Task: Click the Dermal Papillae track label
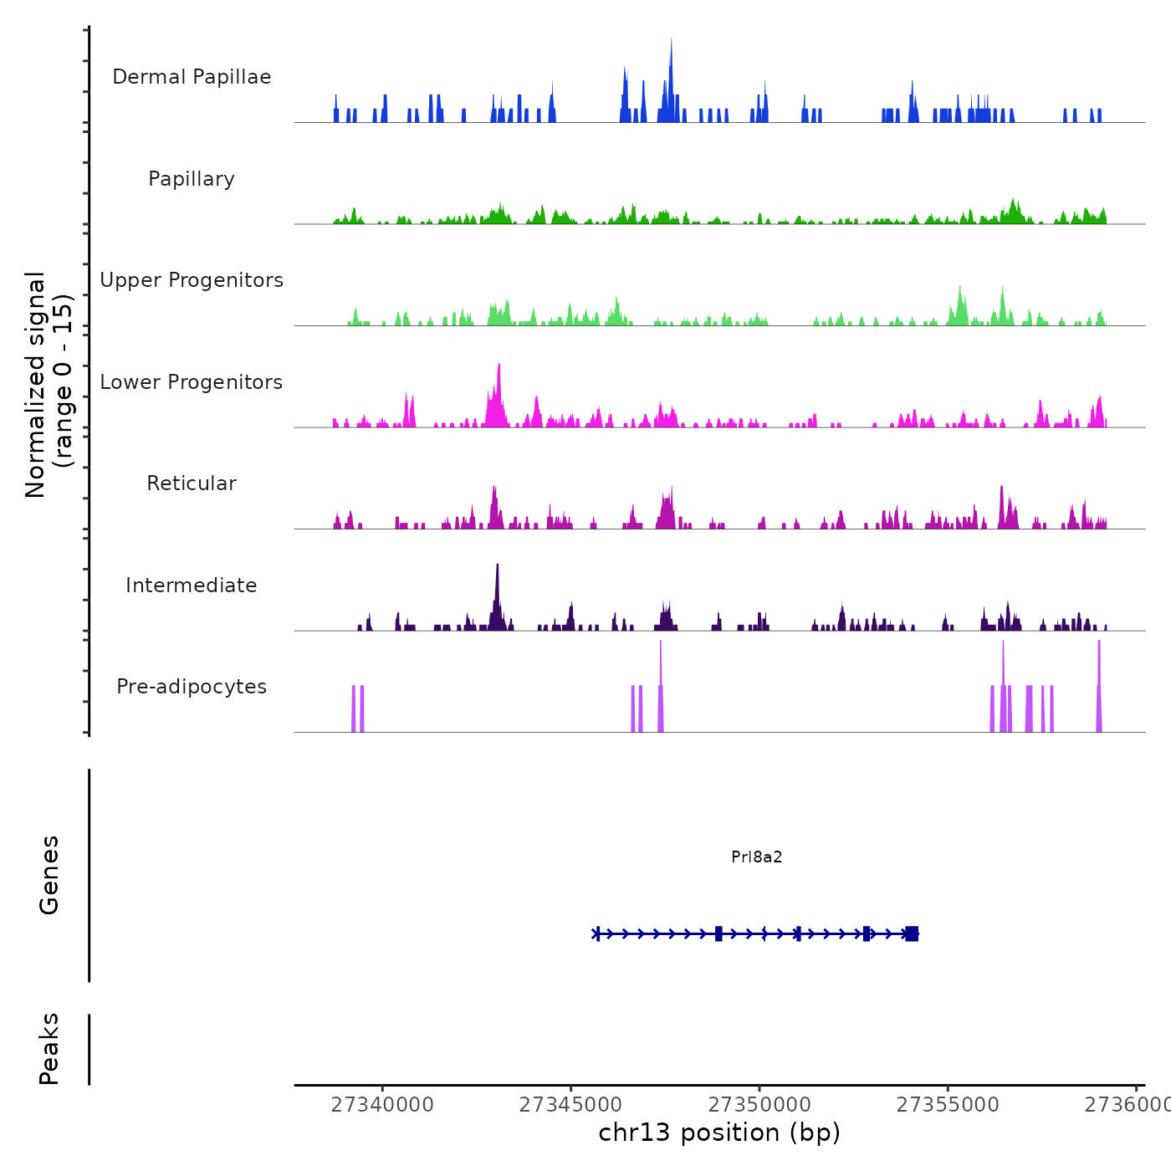192,77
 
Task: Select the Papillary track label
192,179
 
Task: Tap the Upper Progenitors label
192,280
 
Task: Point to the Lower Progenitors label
192,382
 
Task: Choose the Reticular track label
192,483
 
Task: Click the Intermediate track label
192,585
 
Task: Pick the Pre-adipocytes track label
192,687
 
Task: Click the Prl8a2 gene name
757,857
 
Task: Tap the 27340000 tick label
382,1105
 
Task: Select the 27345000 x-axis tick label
571,1105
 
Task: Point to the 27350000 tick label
759,1105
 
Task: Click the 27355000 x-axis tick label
948,1105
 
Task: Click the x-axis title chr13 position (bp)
719,1133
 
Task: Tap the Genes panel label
49,875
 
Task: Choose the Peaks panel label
49,1049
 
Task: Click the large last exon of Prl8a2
912,933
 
